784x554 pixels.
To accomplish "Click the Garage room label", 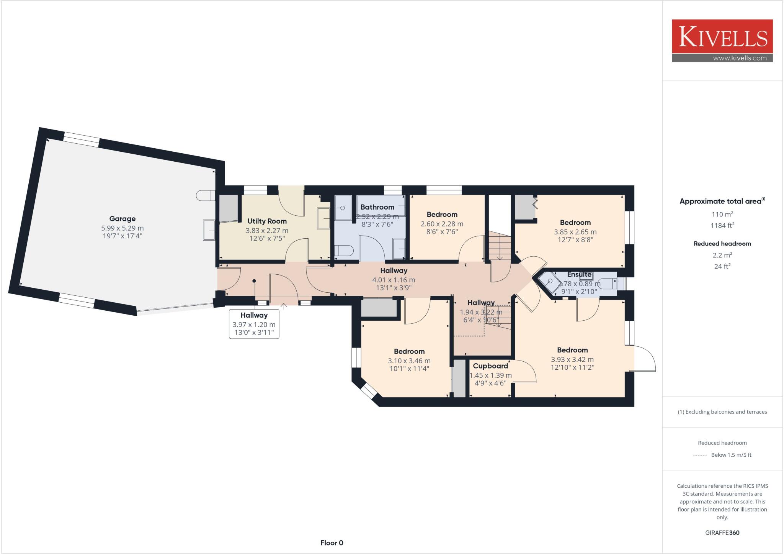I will [x=122, y=219].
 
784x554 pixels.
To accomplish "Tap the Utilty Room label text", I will [x=267, y=221].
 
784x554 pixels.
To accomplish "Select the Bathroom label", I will [x=377, y=207].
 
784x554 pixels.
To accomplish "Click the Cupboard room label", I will [x=490, y=366].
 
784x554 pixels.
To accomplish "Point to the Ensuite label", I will [x=579, y=274].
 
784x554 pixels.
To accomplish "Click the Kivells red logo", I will [x=722, y=37].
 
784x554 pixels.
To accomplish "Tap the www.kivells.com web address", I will [x=740, y=58].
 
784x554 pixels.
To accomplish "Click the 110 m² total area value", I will [x=722, y=214].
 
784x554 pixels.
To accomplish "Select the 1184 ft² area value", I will [x=722, y=226].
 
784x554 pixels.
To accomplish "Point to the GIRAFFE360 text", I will [x=722, y=533].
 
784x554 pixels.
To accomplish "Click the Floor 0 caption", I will [x=332, y=543].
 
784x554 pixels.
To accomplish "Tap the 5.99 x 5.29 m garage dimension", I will [x=122, y=228].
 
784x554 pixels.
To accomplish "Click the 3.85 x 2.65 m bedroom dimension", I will [x=575, y=232].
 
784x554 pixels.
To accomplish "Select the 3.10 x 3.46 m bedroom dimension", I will [x=409, y=361].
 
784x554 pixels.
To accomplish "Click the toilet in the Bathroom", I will [x=343, y=251].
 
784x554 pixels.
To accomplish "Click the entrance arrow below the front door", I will [x=284, y=306].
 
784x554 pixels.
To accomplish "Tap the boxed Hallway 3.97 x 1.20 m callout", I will [x=254, y=324].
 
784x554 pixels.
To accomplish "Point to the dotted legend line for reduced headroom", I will [x=700, y=455].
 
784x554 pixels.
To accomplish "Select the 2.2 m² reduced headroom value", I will [x=722, y=255].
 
